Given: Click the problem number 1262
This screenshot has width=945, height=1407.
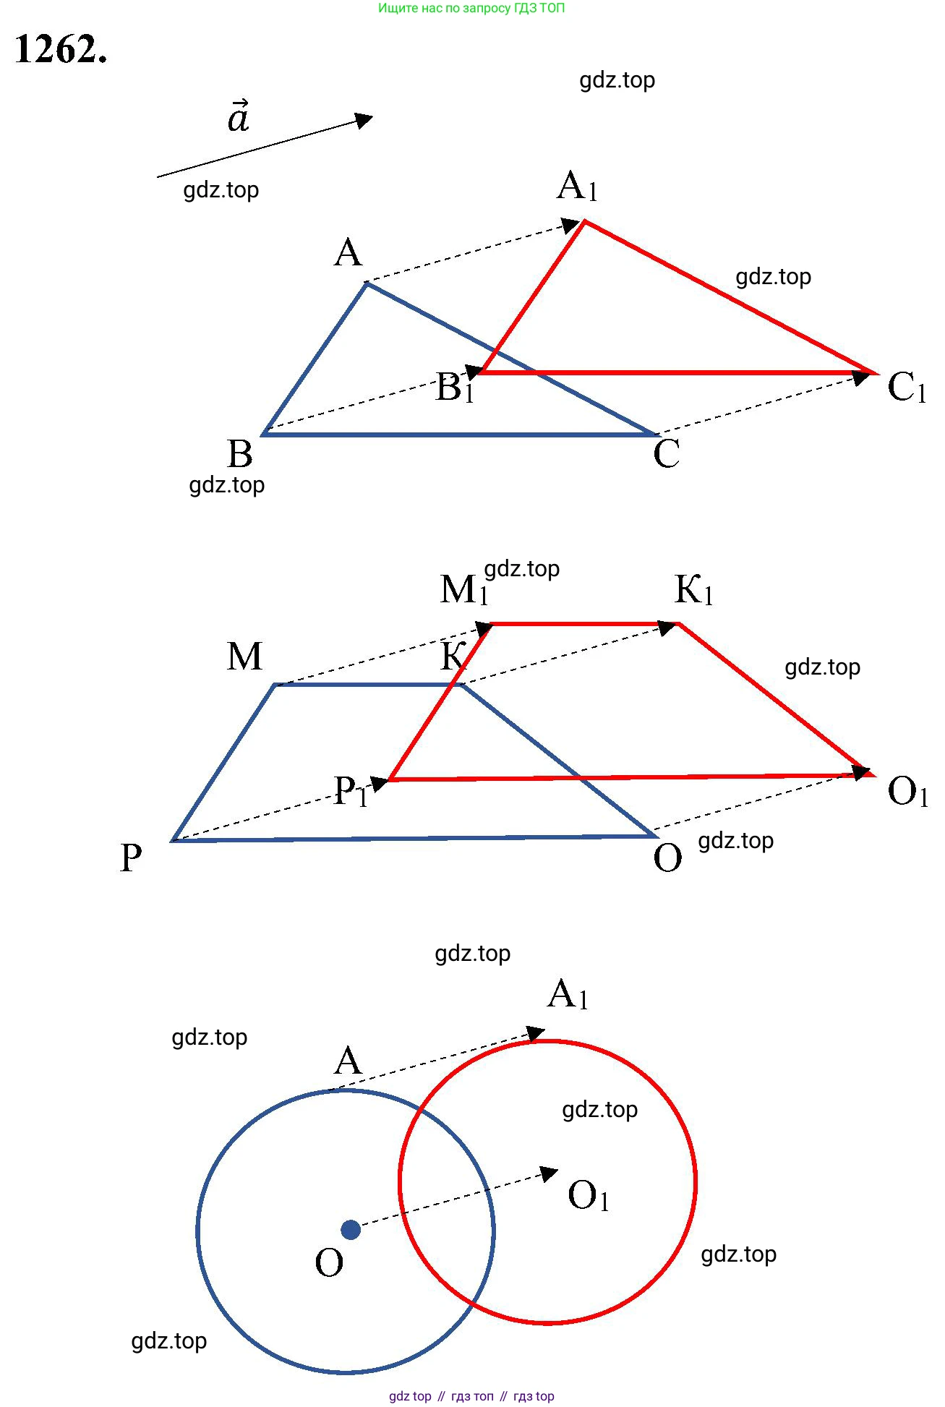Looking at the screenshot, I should click(61, 50).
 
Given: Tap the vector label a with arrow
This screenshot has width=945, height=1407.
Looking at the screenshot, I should click(239, 117).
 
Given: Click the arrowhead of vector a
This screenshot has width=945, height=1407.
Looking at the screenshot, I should click(364, 120).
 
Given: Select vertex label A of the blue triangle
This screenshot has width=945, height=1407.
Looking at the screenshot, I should click(348, 253).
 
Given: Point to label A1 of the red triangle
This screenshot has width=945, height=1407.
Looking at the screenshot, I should click(577, 187).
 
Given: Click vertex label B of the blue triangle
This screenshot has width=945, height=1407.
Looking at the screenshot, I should click(240, 454).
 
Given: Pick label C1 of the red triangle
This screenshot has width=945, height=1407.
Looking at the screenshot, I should click(907, 388).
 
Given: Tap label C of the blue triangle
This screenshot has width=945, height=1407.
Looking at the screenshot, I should click(666, 454).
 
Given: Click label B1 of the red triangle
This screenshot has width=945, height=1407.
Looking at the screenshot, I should click(454, 388).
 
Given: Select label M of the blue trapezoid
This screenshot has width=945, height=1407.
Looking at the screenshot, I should click(244, 657).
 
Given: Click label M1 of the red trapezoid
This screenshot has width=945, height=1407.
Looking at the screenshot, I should click(463, 590).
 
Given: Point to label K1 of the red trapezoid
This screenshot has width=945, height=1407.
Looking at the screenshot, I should click(693, 590).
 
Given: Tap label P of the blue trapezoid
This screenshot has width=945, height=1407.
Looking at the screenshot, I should click(131, 858).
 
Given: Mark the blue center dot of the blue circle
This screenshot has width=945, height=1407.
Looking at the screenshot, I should click(351, 1230).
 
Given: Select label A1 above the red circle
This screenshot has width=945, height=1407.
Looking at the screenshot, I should click(568, 995).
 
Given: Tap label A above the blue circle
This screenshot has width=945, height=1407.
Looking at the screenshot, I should click(348, 1061).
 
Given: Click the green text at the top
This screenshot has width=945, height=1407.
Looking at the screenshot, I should click(471, 8).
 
